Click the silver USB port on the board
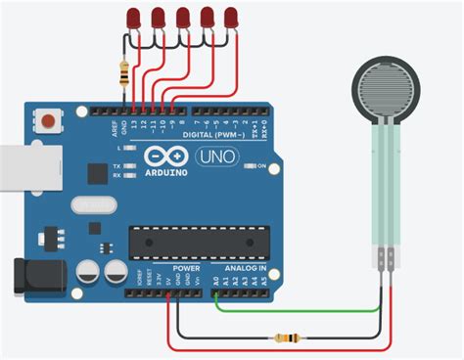tap(14, 170)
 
